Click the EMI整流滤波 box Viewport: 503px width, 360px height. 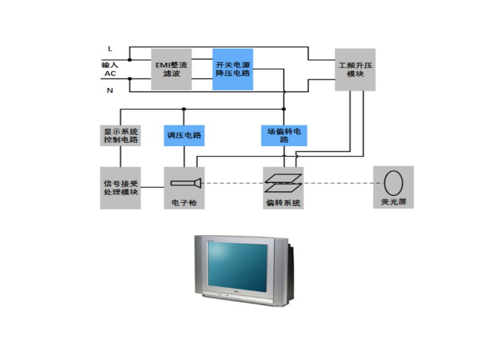pos(171,69)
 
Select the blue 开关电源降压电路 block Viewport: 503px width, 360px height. pos(233,69)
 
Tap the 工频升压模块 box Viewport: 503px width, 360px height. pos(355,69)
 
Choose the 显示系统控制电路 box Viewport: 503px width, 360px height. pos(120,135)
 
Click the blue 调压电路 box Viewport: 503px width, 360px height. pos(183,135)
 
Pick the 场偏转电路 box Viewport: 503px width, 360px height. pos(284,135)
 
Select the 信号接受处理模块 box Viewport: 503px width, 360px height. pos(120,187)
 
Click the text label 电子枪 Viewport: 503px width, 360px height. pos(183,203)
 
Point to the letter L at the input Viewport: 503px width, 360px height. pos(110,49)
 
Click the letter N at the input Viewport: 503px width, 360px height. pos(110,90)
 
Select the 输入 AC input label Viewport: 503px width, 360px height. pos(109,69)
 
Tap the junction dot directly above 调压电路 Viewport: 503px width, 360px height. pos(183,108)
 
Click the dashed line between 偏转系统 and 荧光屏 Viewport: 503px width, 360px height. pos(337,183)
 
